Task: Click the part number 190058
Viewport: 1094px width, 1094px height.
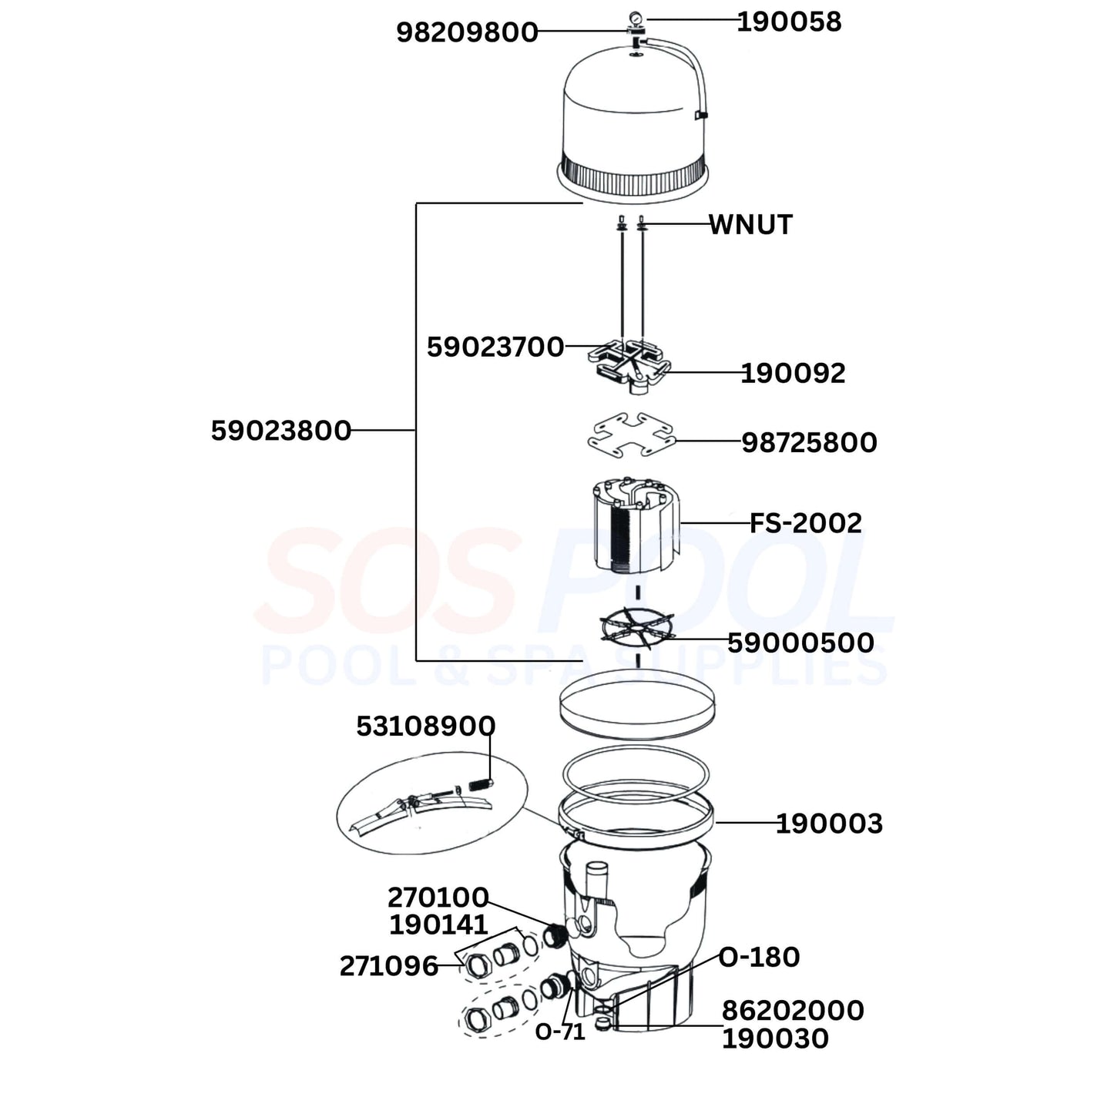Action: pyautogui.click(x=789, y=22)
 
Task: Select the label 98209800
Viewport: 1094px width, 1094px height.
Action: pyautogui.click(x=467, y=32)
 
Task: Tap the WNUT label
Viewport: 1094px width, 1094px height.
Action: pyautogui.click(x=750, y=225)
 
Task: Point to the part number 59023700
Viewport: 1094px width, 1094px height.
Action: pyautogui.click(x=495, y=347)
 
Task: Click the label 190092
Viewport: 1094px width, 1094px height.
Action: pyautogui.click(x=794, y=374)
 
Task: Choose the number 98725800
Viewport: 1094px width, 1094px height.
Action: pyautogui.click(x=809, y=443)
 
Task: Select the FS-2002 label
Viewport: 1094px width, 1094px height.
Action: pyautogui.click(x=806, y=523)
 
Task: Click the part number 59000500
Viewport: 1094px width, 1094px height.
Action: pyautogui.click(x=800, y=643)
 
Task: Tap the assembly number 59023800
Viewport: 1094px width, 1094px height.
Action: pyautogui.click(x=281, y=431)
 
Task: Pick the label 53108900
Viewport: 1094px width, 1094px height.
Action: pyautogui.click(x=425, y=727)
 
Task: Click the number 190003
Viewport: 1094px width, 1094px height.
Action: pyautogui.click(x=829, y=824)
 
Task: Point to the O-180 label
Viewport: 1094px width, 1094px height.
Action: pyautogui.click(x=759, y=958)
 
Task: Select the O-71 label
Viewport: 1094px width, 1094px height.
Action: pyautogui.click(x=560, y=1032)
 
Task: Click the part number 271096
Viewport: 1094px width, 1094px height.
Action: pyautogui.click(x=389, y=966)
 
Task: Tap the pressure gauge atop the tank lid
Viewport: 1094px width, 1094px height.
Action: pyautogui.click(x=636, y=18)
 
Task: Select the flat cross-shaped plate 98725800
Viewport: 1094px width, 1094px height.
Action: pyautogui.click(x=631, y=437)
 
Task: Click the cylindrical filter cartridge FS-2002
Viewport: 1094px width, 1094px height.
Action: pyautogui.click(x=636, y=525)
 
